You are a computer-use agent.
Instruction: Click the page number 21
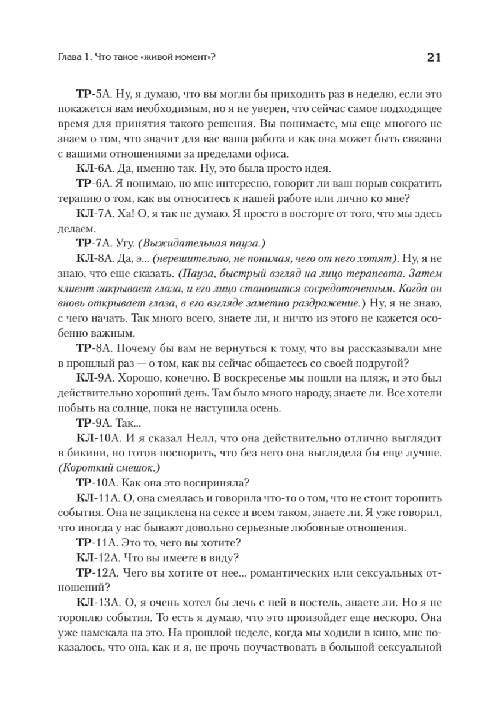[434, 57]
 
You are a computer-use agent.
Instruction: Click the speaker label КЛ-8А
[92, 260]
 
